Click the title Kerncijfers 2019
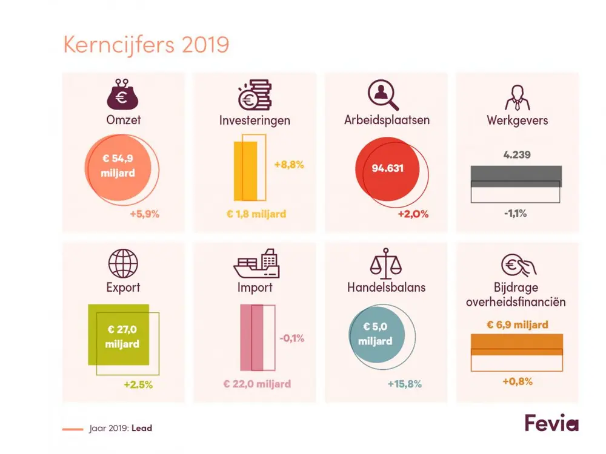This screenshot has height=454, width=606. [x=146, y=45]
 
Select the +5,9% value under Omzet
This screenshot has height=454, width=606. [x=144, y=214]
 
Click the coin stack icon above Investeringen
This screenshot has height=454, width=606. [x=255, y=94]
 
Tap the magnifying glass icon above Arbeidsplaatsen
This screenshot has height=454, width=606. [x=383, y=94]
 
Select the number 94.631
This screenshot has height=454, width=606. [x=387, y=168]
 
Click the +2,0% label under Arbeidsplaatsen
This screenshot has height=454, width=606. [x=413, y=214]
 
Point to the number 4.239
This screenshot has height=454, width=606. [x=517, y=154]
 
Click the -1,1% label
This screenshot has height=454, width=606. [x=516, y=212]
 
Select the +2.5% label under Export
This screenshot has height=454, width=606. [x=138, y=384]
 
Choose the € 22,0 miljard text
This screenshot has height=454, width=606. [x=257, y=384]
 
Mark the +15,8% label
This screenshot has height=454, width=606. [x=404, y=384]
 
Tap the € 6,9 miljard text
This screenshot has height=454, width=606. [x=517, y=324]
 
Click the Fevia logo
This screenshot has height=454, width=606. [x=551, y=423]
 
